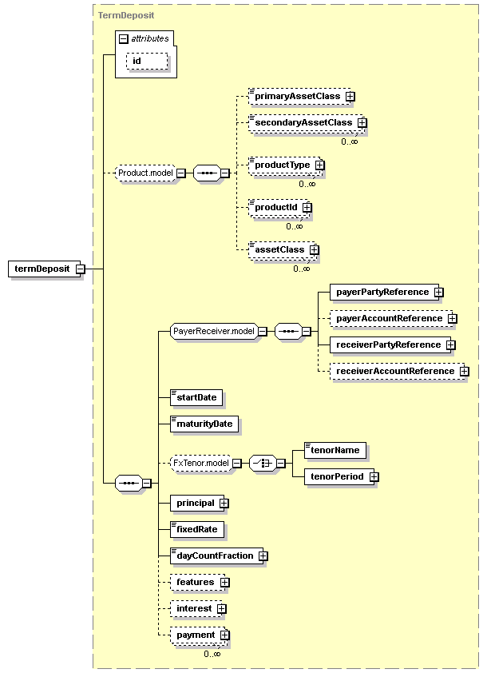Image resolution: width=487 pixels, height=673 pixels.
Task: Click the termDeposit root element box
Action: click(x=45, y=269)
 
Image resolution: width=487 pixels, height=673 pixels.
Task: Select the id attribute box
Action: click(x=147, y=61)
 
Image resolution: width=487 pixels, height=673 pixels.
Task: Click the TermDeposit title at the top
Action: click(x=126, y=15)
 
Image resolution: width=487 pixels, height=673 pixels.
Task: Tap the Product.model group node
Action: click(x=146, y=173)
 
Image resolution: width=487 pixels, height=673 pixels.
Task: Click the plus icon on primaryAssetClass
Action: click(x=350, y=97)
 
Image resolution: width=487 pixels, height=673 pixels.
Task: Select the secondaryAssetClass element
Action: click(x=306, y=123)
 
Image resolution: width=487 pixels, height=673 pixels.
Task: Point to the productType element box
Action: click(x=285, y=165)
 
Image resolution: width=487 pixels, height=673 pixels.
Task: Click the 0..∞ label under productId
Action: click(x=295, y=226)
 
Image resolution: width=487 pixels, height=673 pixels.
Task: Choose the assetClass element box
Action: click(x=283, y=250)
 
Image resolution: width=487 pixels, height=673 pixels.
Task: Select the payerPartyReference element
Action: click(x=385, y=292)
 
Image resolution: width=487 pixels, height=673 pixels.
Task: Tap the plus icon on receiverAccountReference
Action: click(x=465, y=371)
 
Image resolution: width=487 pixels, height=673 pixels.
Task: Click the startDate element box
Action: click(x=196, y=397)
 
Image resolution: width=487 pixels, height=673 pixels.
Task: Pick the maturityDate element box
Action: click(x=204, y=424)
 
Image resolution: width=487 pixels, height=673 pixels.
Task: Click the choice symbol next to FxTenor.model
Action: click(x=263, y=463)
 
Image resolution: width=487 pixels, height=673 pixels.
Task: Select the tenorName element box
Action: click(x=335, y=450)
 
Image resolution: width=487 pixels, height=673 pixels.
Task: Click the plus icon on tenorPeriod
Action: click(x=374, y=477)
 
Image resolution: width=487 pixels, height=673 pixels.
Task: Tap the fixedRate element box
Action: click(x=196, y=529)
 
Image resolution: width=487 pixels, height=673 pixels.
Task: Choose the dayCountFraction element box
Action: click(x=217, y=556)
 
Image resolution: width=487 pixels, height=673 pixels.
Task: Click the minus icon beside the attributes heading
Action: click(x=124, y=39)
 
